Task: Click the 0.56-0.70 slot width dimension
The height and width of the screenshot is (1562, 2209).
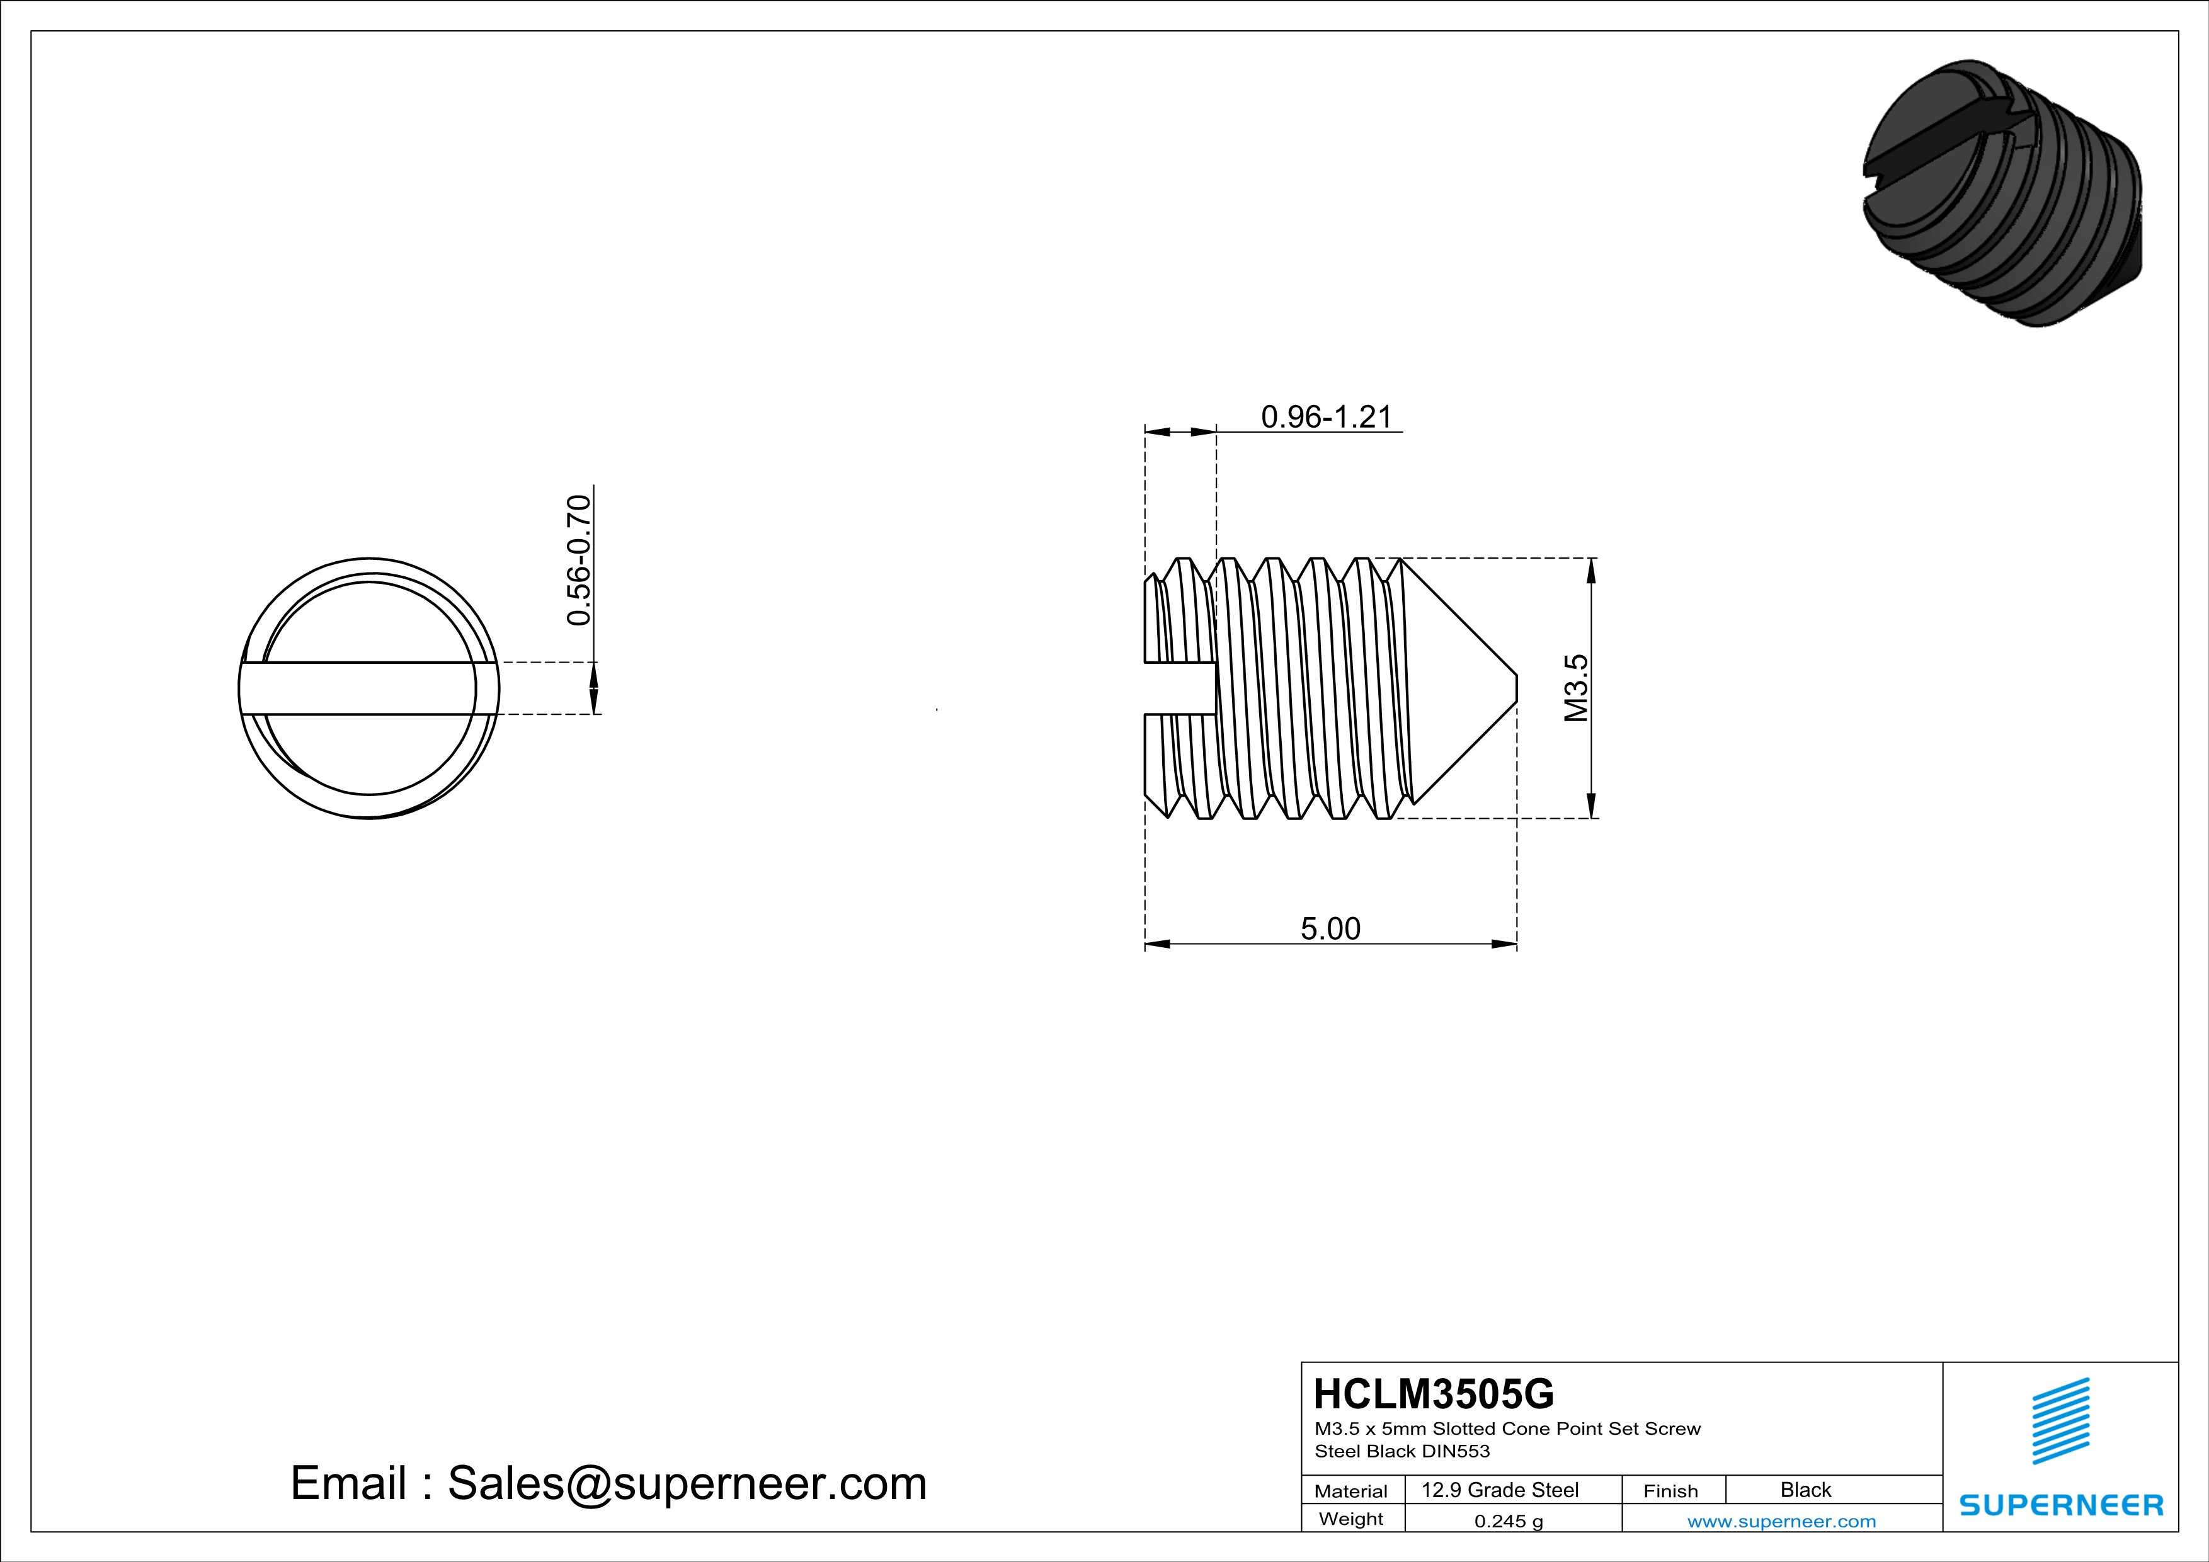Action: tap(578, 560)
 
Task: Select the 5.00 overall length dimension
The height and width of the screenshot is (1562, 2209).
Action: tap(1330, 928)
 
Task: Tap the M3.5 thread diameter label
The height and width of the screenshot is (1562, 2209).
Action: tap(1576, 688)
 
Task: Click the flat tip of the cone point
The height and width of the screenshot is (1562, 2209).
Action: tap(1516, 688)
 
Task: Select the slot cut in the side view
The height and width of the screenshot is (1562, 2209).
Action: tap(1180, 688)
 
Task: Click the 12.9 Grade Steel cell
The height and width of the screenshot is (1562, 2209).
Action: tap(1499, 1490)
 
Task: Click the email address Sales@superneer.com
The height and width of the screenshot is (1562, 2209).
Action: tap(686, 1483)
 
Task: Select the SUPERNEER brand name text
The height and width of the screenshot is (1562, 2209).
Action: tap(2061, 1504)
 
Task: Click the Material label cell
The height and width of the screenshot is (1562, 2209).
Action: tap(1351, 1491)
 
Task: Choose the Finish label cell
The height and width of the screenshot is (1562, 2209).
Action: tap(1670, 1491)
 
